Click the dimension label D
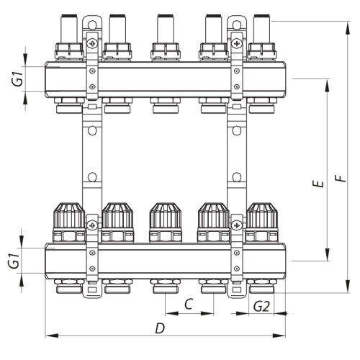(160, 328)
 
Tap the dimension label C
(189, 304)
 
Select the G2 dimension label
(261, 307)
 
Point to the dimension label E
(318, 184)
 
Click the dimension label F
(341, 178)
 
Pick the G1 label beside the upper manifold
(18, 79)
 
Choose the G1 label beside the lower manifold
(14, 261)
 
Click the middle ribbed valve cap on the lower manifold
(166, 215)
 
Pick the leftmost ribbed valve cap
(69, 215)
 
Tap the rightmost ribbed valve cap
(262, 215)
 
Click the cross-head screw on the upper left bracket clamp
(92, 44)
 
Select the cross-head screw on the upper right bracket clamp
(237, 44)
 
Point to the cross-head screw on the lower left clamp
(92, 225)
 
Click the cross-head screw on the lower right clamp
(237, 225)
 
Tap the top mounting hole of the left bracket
(92, 24)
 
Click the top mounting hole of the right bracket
(237, 24)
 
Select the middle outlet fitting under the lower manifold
(166, 286)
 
